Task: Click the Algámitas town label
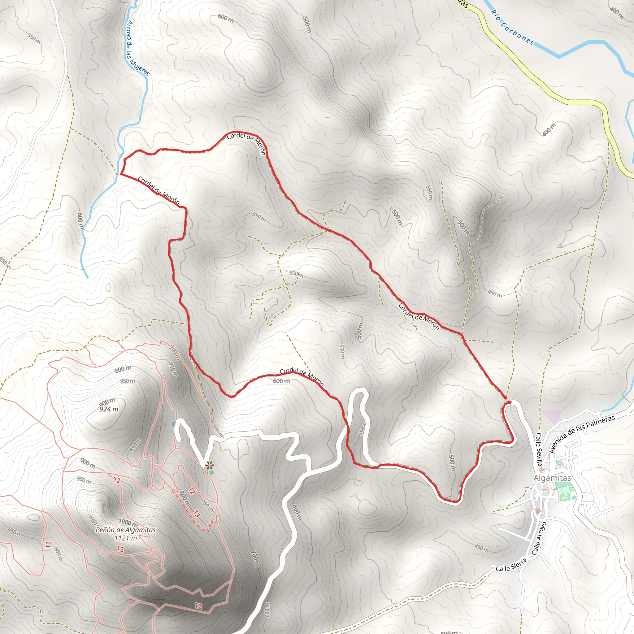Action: pos(552,478)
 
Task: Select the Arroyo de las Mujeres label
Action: pos(138,48)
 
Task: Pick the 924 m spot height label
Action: pos(109,409)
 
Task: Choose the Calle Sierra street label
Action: pos(511,564)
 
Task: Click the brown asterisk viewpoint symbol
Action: pos(209,465)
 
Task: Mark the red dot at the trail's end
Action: pos(510,402)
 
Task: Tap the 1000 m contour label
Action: pos(128,522)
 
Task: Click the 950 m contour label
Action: pos(84,480)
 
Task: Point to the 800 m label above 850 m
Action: pos(123,369)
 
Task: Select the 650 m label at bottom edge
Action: pos(267,609)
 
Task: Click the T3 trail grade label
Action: pos(196,514)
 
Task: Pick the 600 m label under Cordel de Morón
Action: pos(281,381)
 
